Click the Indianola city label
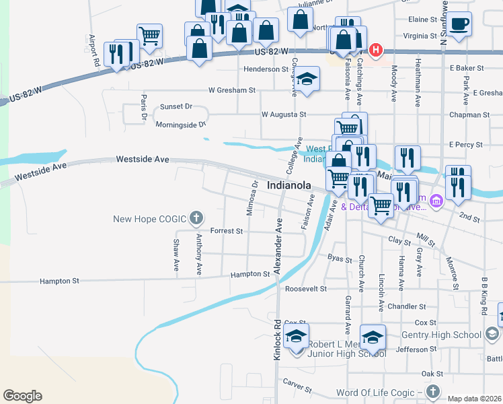pyautogui.click(x=288, y=185)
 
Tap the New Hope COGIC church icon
pyautogui.click(x=196, y=218)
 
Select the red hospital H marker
pyautogui.click(x=376, y=50)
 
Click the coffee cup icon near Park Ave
pyautogui.click(x=460, y=24)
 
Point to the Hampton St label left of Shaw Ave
pyautogui.click(x=60, y=281)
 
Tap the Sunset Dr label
pyautogui.click(x=176, y=107)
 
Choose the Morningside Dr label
pyautogui.click(x=180, y=125)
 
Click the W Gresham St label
pyautogui.click(x=232, y=90)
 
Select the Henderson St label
pyautogui.click(x=266, y=69)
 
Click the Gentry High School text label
pyautogui.click(x=441, y=335)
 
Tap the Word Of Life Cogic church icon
pyautogui.click(x=432, y=392)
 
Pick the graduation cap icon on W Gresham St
pyautogui.click(x=307, y=78)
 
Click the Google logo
pyautogui.click(x=22, y=396)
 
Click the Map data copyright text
pyautogui.click(x=474, y=399)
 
